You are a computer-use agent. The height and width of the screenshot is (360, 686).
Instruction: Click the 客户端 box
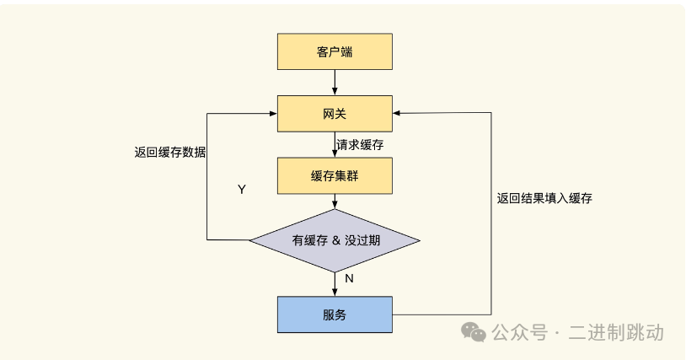click(x=335, y=51)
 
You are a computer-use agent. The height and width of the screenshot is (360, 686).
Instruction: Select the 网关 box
click(x=335, y=114)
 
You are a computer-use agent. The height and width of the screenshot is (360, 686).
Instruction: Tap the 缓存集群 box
click(x=335, y=175)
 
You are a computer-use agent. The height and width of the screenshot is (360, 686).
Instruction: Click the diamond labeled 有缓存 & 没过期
click(x=335, y=239)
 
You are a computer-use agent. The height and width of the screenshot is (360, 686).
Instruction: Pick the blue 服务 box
click(x=335, y=314)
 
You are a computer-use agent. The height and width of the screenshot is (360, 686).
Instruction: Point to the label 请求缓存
click(x=360, y=145)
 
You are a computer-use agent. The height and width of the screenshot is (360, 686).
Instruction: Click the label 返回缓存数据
click(x=169, y=153)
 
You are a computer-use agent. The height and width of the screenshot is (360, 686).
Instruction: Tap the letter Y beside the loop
click(x=242, y=190)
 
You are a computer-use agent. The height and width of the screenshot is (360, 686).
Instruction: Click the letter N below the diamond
click(x=349, y=278)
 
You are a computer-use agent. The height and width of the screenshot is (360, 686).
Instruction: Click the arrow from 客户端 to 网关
click(x=335, y=82)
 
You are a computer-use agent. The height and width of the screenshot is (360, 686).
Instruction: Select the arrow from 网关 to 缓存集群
click(x=335, y=145)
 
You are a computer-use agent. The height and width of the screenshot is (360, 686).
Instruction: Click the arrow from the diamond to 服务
click(x=335, y=283)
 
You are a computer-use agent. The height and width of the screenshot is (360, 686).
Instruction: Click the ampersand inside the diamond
click(x=336, y=239)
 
